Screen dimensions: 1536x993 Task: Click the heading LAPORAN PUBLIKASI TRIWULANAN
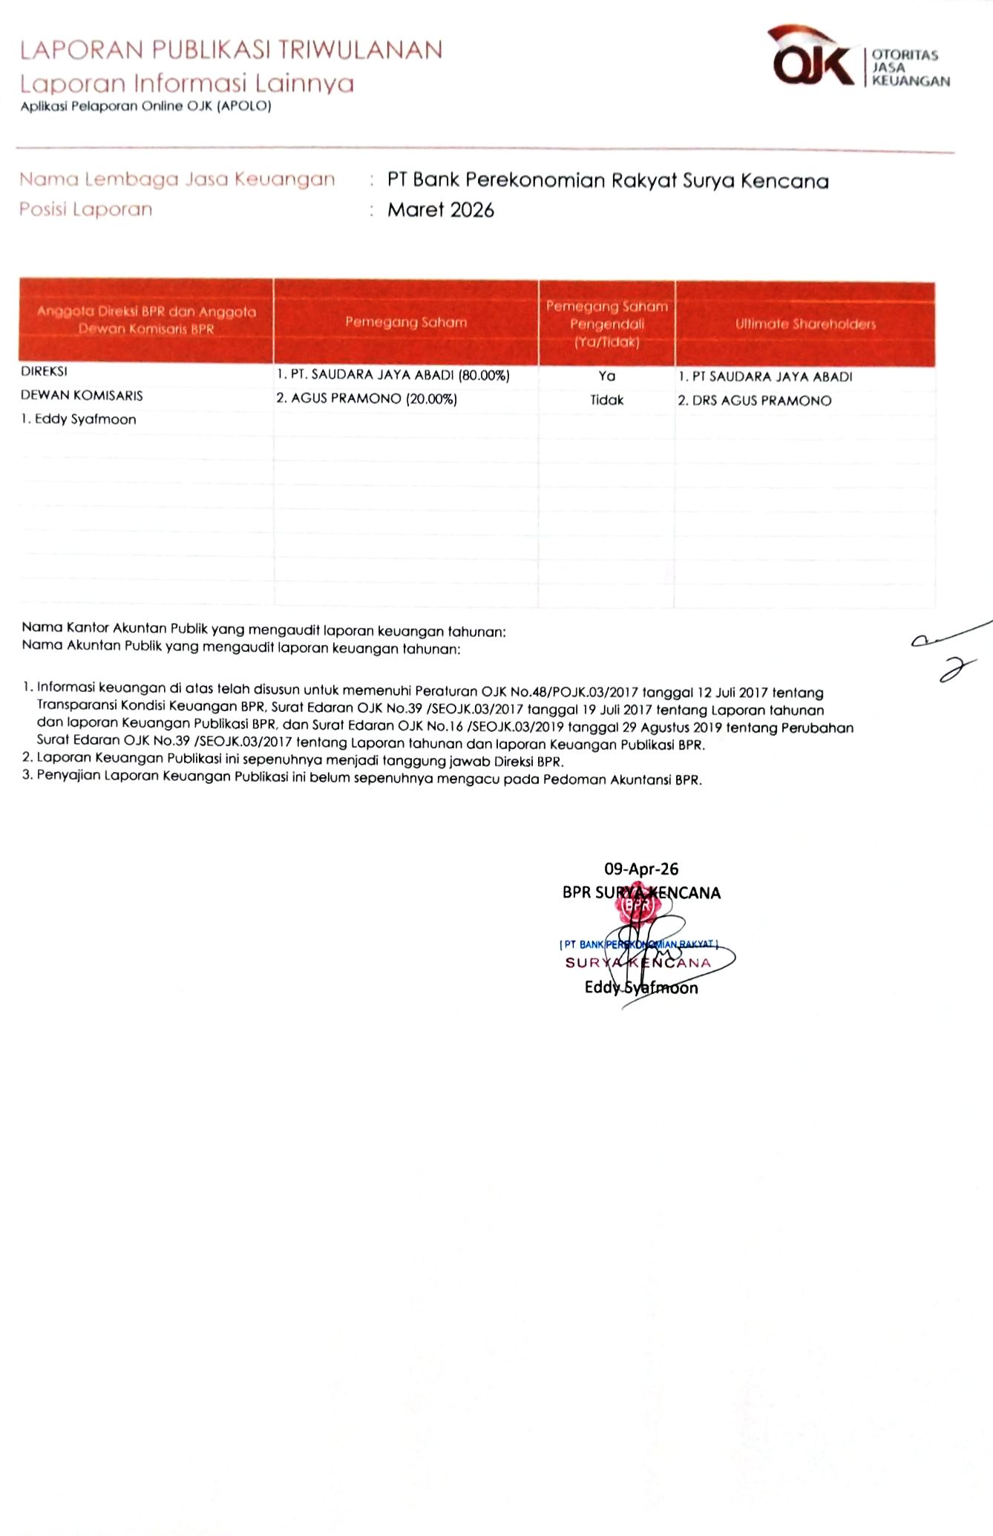[231, 50]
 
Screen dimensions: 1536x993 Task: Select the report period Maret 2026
[441, 210]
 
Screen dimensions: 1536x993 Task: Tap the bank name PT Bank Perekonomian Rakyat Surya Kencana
[607, 180]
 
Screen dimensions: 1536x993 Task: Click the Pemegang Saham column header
[405, 322]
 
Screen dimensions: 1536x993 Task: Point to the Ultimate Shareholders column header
[805, 324]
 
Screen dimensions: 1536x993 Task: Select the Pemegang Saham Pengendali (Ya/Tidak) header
[606, 324]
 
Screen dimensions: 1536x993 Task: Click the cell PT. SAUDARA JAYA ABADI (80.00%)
[393, 376]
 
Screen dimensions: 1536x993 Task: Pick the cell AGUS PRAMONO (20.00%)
[367, 399]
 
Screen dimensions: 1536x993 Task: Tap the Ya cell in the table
[606, 376]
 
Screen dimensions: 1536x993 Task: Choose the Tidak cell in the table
[606, 400]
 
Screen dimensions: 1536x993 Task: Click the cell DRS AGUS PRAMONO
[755, 401]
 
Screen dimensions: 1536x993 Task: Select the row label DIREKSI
[44, 371]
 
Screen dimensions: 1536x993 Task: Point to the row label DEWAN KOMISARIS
[82, 396]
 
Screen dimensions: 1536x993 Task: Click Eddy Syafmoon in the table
[79, 419]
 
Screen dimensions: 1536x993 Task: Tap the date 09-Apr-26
[641, 869]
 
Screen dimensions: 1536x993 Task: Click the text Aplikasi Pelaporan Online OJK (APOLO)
[146, 106]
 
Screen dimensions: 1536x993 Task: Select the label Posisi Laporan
[85, 209]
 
